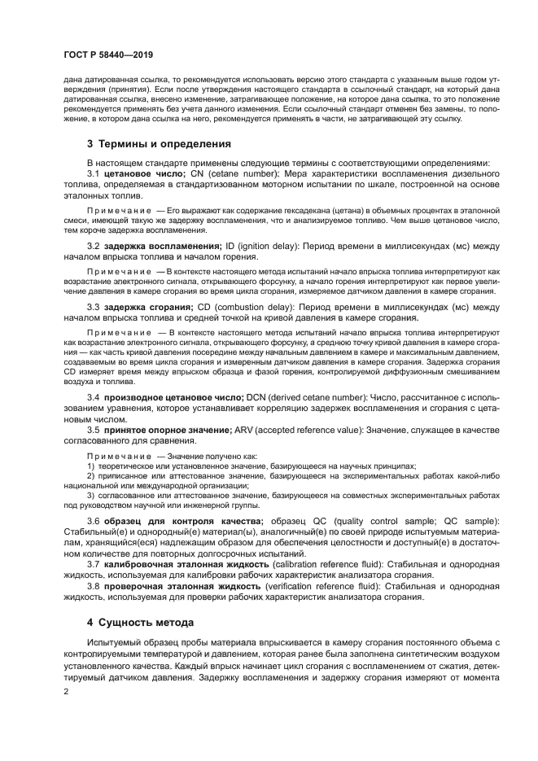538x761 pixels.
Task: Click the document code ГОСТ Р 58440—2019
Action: click(x=108, y=55)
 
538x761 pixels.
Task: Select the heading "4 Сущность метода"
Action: click(x=140, y=623)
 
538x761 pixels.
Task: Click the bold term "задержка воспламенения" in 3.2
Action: click(x=162, y=247)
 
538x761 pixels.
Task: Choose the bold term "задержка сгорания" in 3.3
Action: click(x=147, y=308)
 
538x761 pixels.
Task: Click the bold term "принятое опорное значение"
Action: click(x=166, y=429)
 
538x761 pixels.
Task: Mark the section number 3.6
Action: click(x=93, y=520)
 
